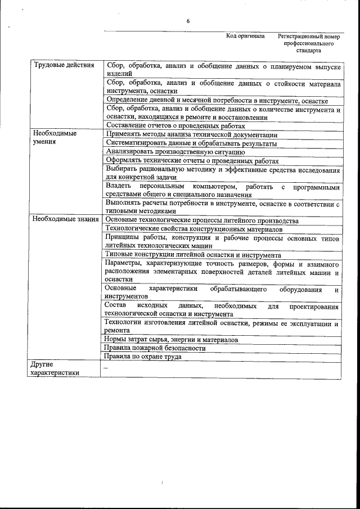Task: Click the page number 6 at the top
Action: [x=188, y=21]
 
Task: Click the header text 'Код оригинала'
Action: [x=245, y=36]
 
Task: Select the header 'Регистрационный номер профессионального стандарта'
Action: [x=309, y=43]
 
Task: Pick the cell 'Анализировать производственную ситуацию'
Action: [x=175, y=151]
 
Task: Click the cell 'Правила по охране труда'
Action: [x=143, y=357]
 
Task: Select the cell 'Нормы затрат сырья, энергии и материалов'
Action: [x=172, y=340]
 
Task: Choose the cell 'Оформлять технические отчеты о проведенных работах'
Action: [x=192, y=160]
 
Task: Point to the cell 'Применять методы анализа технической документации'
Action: [x=191, y=134]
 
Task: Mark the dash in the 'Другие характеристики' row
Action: [x=105, y=367]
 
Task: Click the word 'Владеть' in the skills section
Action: [x=118, y=186]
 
